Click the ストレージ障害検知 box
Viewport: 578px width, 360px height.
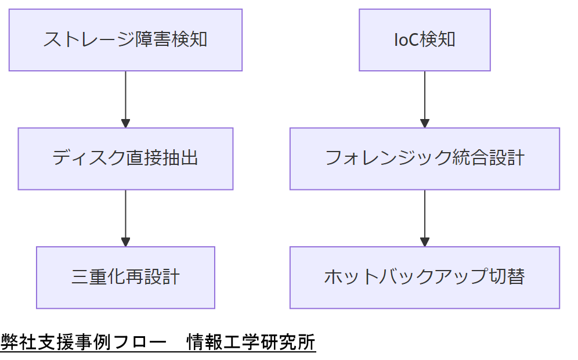[125, 40]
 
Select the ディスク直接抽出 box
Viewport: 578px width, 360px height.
[125, 159]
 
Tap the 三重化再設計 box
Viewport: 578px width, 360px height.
[125, 278]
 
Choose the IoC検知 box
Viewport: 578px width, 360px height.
[424, 40]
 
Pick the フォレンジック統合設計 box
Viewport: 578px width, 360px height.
[424, 159]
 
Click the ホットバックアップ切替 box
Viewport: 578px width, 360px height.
[424, 278]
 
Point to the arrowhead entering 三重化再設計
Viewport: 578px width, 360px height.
[125, 242]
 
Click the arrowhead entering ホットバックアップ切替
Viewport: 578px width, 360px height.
[424, 242]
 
